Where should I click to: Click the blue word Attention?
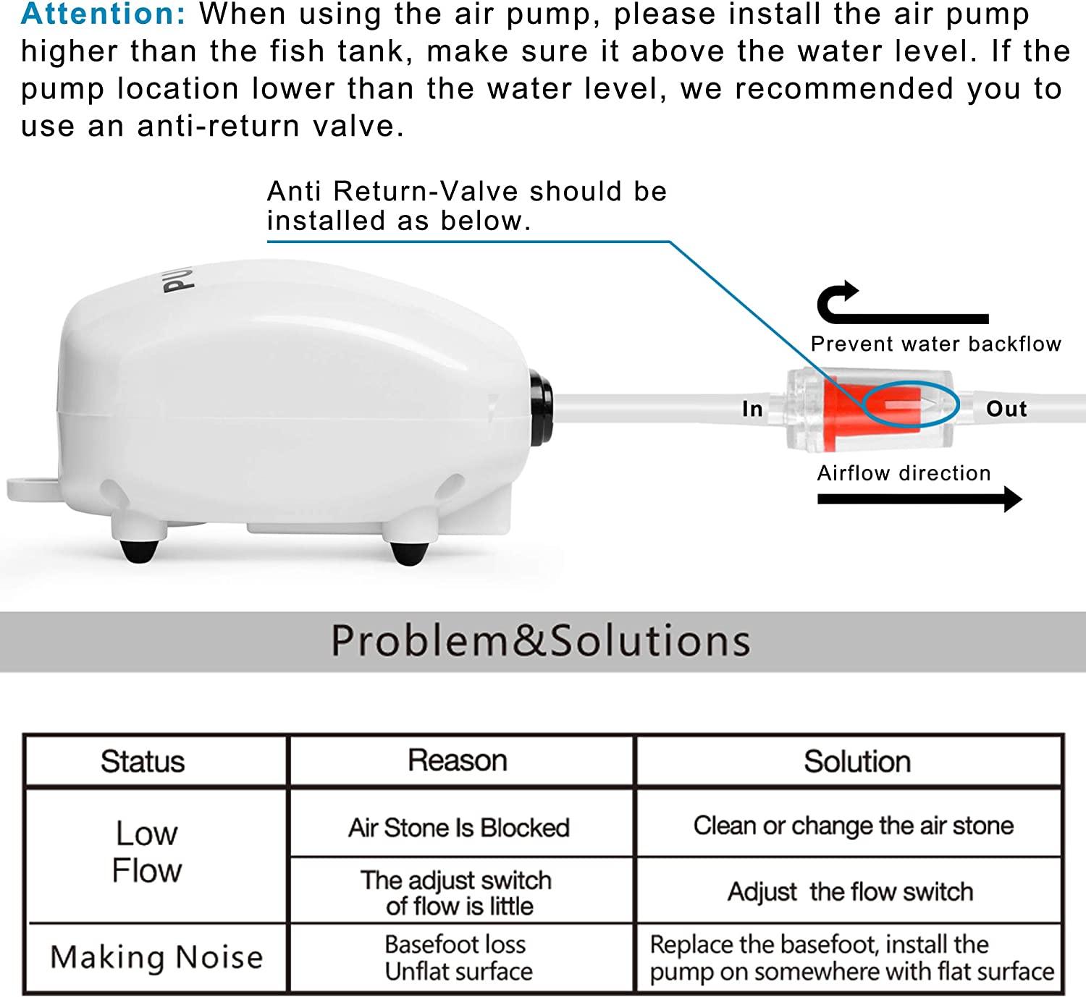[x=103, y=14]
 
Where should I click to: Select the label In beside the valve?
[x=752, y=410]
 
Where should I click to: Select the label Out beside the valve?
[x=1006, y=409]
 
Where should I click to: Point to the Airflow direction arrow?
[x=919, y=498]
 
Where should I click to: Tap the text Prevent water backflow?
[x=935, y=344]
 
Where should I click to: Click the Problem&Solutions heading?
[x=540, y=641]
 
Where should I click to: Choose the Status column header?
[x=143, y=762]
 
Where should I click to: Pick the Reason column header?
[x=458, y=761]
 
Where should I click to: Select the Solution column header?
[x=857, y=762]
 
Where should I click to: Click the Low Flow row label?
[x=146, y=852]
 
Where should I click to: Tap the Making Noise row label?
[x=156, y=957]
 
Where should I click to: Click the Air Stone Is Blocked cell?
[x=459, y=828]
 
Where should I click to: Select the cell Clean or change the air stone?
[x=854, y=826]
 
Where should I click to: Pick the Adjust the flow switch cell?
[x=851, y=892]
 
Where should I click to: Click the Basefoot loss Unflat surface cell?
[x=458, y=958]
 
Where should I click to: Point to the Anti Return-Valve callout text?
[x=466, y=206]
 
